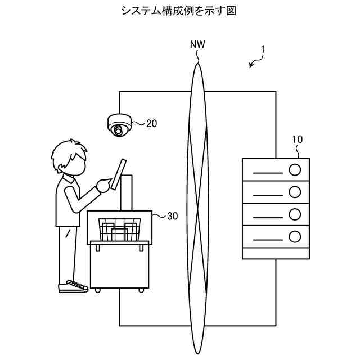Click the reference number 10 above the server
pyautogui.click(x=298, y=138)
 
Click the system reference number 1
pyautogui.click(x=263, y=50)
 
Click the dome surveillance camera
pyautogui.click(x=119, y=124)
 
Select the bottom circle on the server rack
pyautogui.click(x=294, y=236)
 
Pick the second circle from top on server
pyautogui.click(x=294, y=192)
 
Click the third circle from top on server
pyautogui.click(x=294, y=214)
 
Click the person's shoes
pyautogui.click(x=73, y=286)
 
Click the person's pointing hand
pyautogui.click(x=103, y=183)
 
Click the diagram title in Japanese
pyautogui.click(x=179, y=11)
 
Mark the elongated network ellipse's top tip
pyautogui.click(x=197, y=64)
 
